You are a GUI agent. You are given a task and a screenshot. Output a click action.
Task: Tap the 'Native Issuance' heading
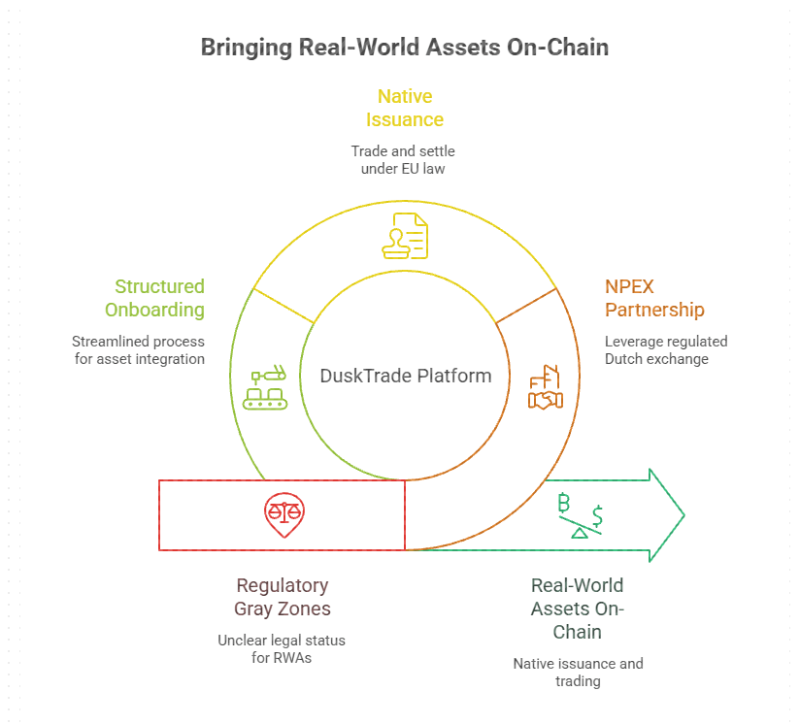pos(405,108)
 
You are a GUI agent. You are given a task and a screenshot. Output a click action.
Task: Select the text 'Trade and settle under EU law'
pos(404,160)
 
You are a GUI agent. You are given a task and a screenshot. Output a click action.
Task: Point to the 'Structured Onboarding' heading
pos(159,298)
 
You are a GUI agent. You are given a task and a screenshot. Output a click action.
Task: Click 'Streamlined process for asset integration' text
pos(138,350)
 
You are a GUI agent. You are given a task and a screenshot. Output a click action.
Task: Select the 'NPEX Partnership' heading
pos(653,298)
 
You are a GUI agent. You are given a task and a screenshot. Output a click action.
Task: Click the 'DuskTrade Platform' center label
pos(406,376)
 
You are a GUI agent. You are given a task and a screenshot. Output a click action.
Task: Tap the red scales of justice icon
pos(283,515)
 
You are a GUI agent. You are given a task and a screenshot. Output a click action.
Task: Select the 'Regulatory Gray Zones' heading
pos(283,598)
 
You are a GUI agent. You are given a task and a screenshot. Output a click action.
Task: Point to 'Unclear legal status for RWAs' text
pos(283,649)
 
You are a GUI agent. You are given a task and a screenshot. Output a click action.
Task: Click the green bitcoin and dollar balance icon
pos(581,515)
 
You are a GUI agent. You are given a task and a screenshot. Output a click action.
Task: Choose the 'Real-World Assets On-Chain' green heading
pos(578,609)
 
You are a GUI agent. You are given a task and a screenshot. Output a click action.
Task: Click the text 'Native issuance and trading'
pos(578,673)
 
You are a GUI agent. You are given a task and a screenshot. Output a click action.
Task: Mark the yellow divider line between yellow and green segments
pos(284,305)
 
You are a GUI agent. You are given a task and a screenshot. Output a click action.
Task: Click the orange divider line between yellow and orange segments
pos(525,305)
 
